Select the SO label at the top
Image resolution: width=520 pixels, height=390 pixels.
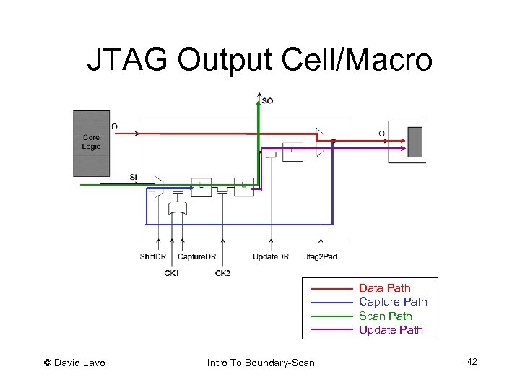click(267, 100)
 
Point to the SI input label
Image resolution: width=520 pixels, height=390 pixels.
click(134, 177)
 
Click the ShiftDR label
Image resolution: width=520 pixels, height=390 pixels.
click(155, 256)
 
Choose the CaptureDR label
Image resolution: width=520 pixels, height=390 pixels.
click(196, 256)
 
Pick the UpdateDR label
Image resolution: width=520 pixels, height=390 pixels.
click(271, 256)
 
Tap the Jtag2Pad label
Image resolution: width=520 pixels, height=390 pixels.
click(321, 256)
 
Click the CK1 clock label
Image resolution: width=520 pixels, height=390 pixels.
click(172, 273)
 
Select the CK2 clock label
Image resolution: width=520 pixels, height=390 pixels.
click(222, 273)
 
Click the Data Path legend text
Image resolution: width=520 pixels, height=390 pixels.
click(384, 288)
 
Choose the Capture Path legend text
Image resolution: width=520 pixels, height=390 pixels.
click(393, 302)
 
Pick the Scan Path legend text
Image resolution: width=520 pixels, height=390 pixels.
click(386, 316)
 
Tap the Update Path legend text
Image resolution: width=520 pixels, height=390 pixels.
click(391, 330)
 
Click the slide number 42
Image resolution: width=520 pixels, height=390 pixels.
click(472, 361)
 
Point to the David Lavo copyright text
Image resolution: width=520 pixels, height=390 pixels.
click(74, 363)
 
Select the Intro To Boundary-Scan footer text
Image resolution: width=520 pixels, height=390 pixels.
click(260, 363)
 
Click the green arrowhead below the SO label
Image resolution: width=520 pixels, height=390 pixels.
click(259, 98)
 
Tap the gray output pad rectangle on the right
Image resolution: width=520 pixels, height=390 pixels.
click(415, 142)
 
